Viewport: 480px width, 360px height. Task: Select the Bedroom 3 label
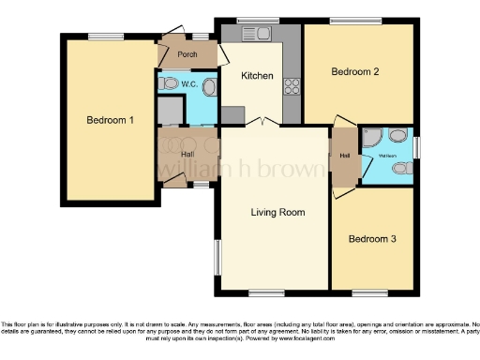372,239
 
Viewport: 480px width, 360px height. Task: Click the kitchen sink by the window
263,35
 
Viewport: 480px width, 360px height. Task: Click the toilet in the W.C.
169,84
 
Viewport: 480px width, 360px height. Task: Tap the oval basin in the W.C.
209,89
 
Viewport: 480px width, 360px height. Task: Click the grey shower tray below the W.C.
171,112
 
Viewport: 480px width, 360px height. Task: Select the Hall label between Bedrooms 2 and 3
344,156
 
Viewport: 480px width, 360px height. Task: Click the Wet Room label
387,142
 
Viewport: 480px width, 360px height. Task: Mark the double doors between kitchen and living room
265,123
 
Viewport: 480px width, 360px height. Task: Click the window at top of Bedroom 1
100,37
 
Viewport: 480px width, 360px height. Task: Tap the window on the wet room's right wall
416,147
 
